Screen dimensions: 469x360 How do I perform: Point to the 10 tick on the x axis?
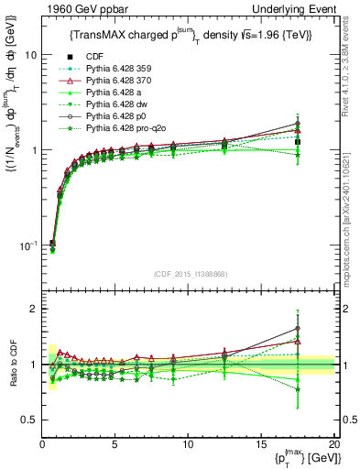click(x=188, y=445)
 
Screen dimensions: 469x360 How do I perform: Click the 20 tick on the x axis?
click(x=333, y=445)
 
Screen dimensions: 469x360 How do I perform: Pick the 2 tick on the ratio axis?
click(x=35, y=309)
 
